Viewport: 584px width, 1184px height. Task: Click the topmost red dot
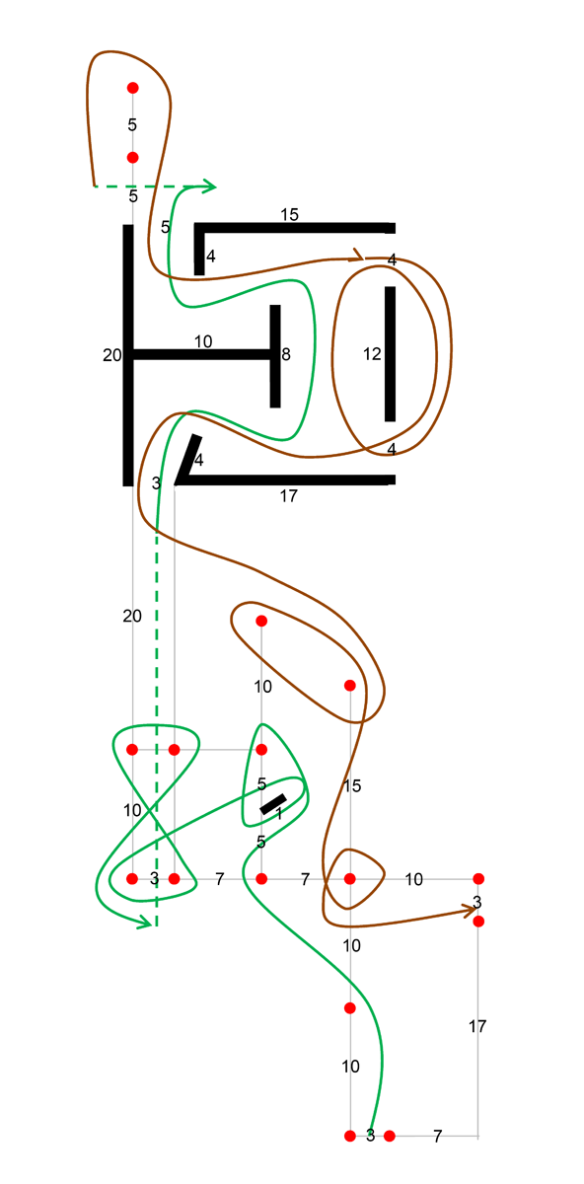pyautogui.click(x=132, y=88)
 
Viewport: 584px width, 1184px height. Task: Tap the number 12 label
pyautogui.click(x=372, y=354)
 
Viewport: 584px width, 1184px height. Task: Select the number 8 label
pyautogui.click(x=286, y=354)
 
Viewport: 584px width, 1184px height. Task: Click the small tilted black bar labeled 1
pyautogui.click(x=273, y=804)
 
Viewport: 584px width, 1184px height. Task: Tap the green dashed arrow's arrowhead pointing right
pyautogui.click(x=209, y=186)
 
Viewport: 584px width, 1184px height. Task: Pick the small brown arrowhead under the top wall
pyautogui.click(x=359, y=256)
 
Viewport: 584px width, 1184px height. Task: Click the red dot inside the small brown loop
pyautogui.click(x=350, y=878)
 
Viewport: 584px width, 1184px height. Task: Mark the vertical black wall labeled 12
pyautogui.click(x=390, y=354)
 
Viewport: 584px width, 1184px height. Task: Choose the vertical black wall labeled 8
pyautogui.click(x=275, y=356)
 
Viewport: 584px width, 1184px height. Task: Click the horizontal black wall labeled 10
pyautogui.click(x=201, y=355)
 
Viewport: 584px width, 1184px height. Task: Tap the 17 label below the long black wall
pyautogui.click(x=289, y=495)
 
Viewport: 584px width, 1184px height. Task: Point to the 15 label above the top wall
pyautogui.click(x=290, y=215)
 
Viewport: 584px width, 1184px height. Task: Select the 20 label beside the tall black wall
pyautogui.click(x=112, y=355)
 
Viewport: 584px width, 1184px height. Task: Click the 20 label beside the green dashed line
pyautogui.click(x=132, y=616)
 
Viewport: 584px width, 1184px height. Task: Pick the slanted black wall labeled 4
pyautogui.click(x=187, y=458)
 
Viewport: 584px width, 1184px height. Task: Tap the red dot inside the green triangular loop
pyautogui.click(x=261, y=750)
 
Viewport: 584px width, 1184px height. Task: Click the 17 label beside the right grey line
pyautogui.click(x=477, y=1026)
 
